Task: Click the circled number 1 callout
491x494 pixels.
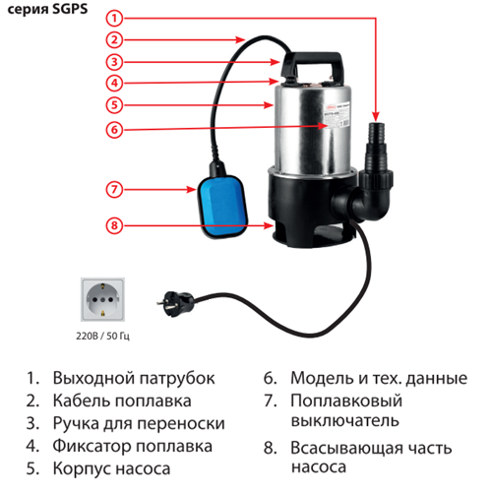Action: [114, 19]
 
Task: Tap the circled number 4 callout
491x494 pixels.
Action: [114, 83]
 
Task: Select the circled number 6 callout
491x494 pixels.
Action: [114, 130]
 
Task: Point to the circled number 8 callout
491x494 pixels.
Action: [114, 225]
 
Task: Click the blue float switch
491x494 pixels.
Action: [222, 206]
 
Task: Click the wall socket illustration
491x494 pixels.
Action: [102, 299]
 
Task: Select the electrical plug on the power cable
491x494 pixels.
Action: [175, 304]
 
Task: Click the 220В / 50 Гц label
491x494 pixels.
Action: [102, 337]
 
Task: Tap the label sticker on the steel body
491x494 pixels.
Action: [337, 115]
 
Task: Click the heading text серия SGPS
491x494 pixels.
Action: [47, 9]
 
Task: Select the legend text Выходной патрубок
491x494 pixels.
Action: [134, 378]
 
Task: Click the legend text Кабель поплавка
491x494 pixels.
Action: [122, 401]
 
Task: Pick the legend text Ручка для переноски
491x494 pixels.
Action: [139, 423]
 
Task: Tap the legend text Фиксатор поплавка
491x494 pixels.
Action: [133, 446]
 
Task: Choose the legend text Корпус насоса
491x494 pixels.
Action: [111, 468]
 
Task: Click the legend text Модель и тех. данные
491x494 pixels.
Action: [379, 378]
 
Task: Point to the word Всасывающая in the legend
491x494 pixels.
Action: [346, 448]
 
